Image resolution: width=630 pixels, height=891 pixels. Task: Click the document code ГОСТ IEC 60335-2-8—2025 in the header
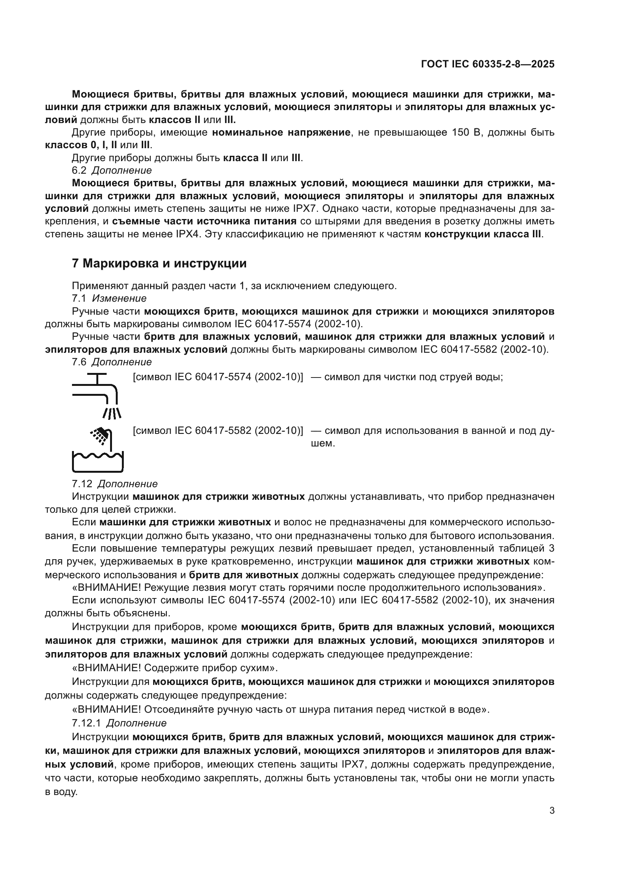[x=487, y=64]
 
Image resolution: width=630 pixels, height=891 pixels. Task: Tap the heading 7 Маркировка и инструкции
[x=159, y=264]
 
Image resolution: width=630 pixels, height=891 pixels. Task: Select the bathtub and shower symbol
[x=98, y=450]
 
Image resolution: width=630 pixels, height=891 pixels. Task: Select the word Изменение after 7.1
[x=119, y=298]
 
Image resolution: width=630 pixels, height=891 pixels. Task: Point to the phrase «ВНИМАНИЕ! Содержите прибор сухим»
[x=175, y=668]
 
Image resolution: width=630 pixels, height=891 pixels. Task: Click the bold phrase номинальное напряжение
[x=281, y=132]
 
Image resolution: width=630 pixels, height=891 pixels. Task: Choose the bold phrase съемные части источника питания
[x=205, y=221]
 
